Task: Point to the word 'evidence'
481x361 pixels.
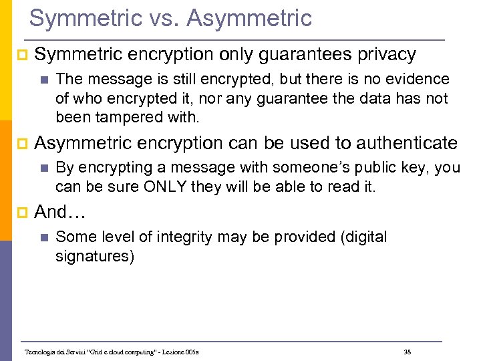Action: [418, 80]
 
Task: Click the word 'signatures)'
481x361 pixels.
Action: [95, 256]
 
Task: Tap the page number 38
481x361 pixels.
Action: [408, 352]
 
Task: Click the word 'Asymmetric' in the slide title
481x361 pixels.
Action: [250, 19]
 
